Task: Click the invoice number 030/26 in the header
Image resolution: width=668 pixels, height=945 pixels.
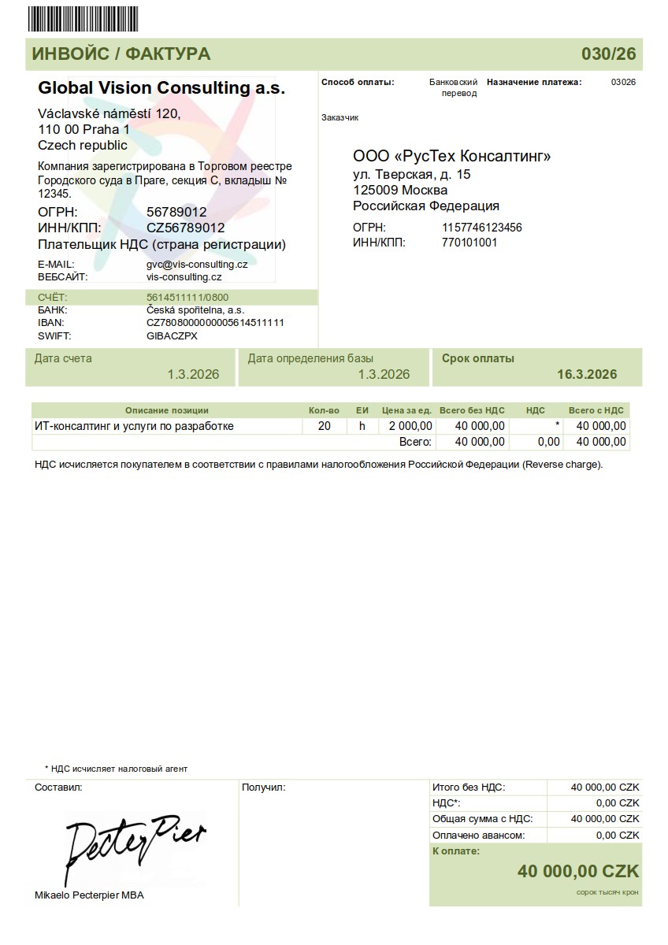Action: coord(608,54)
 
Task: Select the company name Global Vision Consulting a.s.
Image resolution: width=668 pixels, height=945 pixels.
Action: coord(161,87)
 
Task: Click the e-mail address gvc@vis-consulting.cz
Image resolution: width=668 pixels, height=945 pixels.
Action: coord(197,265)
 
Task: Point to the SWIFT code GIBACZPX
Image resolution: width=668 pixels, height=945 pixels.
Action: coord(172,336)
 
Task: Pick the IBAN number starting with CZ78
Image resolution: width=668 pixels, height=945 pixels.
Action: coord(215,323)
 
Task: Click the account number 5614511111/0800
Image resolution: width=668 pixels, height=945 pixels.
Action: coord(187,298)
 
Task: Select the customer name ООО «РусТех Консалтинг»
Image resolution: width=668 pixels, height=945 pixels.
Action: coord(451,156)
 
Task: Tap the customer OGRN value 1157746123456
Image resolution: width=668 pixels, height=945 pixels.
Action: coord(482,228)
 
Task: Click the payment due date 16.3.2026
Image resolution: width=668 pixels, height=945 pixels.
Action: coord(587,374)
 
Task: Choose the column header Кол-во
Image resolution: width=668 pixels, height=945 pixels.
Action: coord(324,410)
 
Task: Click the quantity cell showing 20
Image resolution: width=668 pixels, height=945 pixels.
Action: coord(324,426)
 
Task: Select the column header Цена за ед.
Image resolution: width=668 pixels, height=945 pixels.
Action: coord(406,410)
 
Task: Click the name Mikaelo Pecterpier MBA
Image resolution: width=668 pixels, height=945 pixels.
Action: coord(89,895)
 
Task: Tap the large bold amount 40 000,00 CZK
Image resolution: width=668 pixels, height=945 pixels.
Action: coord(577,871)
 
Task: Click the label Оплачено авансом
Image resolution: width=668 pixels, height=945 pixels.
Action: coord(478,835)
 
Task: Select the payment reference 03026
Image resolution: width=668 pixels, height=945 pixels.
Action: coord(623,82)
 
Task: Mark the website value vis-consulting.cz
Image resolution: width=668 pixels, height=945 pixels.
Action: coord(184,277)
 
